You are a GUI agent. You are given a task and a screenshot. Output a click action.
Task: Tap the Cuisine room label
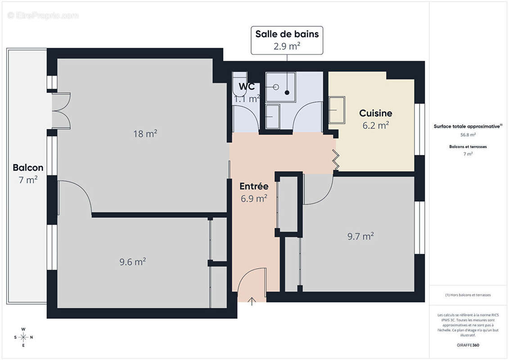click(375, 113)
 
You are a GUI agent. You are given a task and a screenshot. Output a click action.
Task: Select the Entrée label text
click(254, 186)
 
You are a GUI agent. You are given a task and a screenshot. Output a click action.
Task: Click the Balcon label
click(28, 168)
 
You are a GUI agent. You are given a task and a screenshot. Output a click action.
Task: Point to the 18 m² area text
click(145, 134)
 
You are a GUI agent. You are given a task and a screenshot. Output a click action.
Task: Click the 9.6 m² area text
click(133, 261)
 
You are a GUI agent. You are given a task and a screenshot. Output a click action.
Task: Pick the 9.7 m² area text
click(360, 236)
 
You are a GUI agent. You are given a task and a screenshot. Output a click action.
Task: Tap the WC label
click(247, 87)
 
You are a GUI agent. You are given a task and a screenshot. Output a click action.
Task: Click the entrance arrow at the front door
click(252, 301)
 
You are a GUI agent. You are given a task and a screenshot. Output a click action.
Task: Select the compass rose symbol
click(23, 337)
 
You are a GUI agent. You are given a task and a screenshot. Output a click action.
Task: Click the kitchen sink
click(336, 110)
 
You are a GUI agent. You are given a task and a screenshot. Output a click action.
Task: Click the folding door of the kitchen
click(336, 159)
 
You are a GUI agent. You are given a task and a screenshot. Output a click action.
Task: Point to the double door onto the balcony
click(61, 111)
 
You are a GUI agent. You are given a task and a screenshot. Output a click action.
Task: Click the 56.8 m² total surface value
click(468, 135)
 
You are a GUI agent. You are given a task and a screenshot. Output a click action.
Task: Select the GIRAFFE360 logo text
click(468, 345)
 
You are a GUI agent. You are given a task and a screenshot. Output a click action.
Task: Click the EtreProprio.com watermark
click(43, 16)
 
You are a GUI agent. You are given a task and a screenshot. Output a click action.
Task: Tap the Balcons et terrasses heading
click(468, 147)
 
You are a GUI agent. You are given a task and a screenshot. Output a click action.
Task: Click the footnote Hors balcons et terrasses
click(468, 295)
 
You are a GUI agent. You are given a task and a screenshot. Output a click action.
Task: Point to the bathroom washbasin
click(272, 117)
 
